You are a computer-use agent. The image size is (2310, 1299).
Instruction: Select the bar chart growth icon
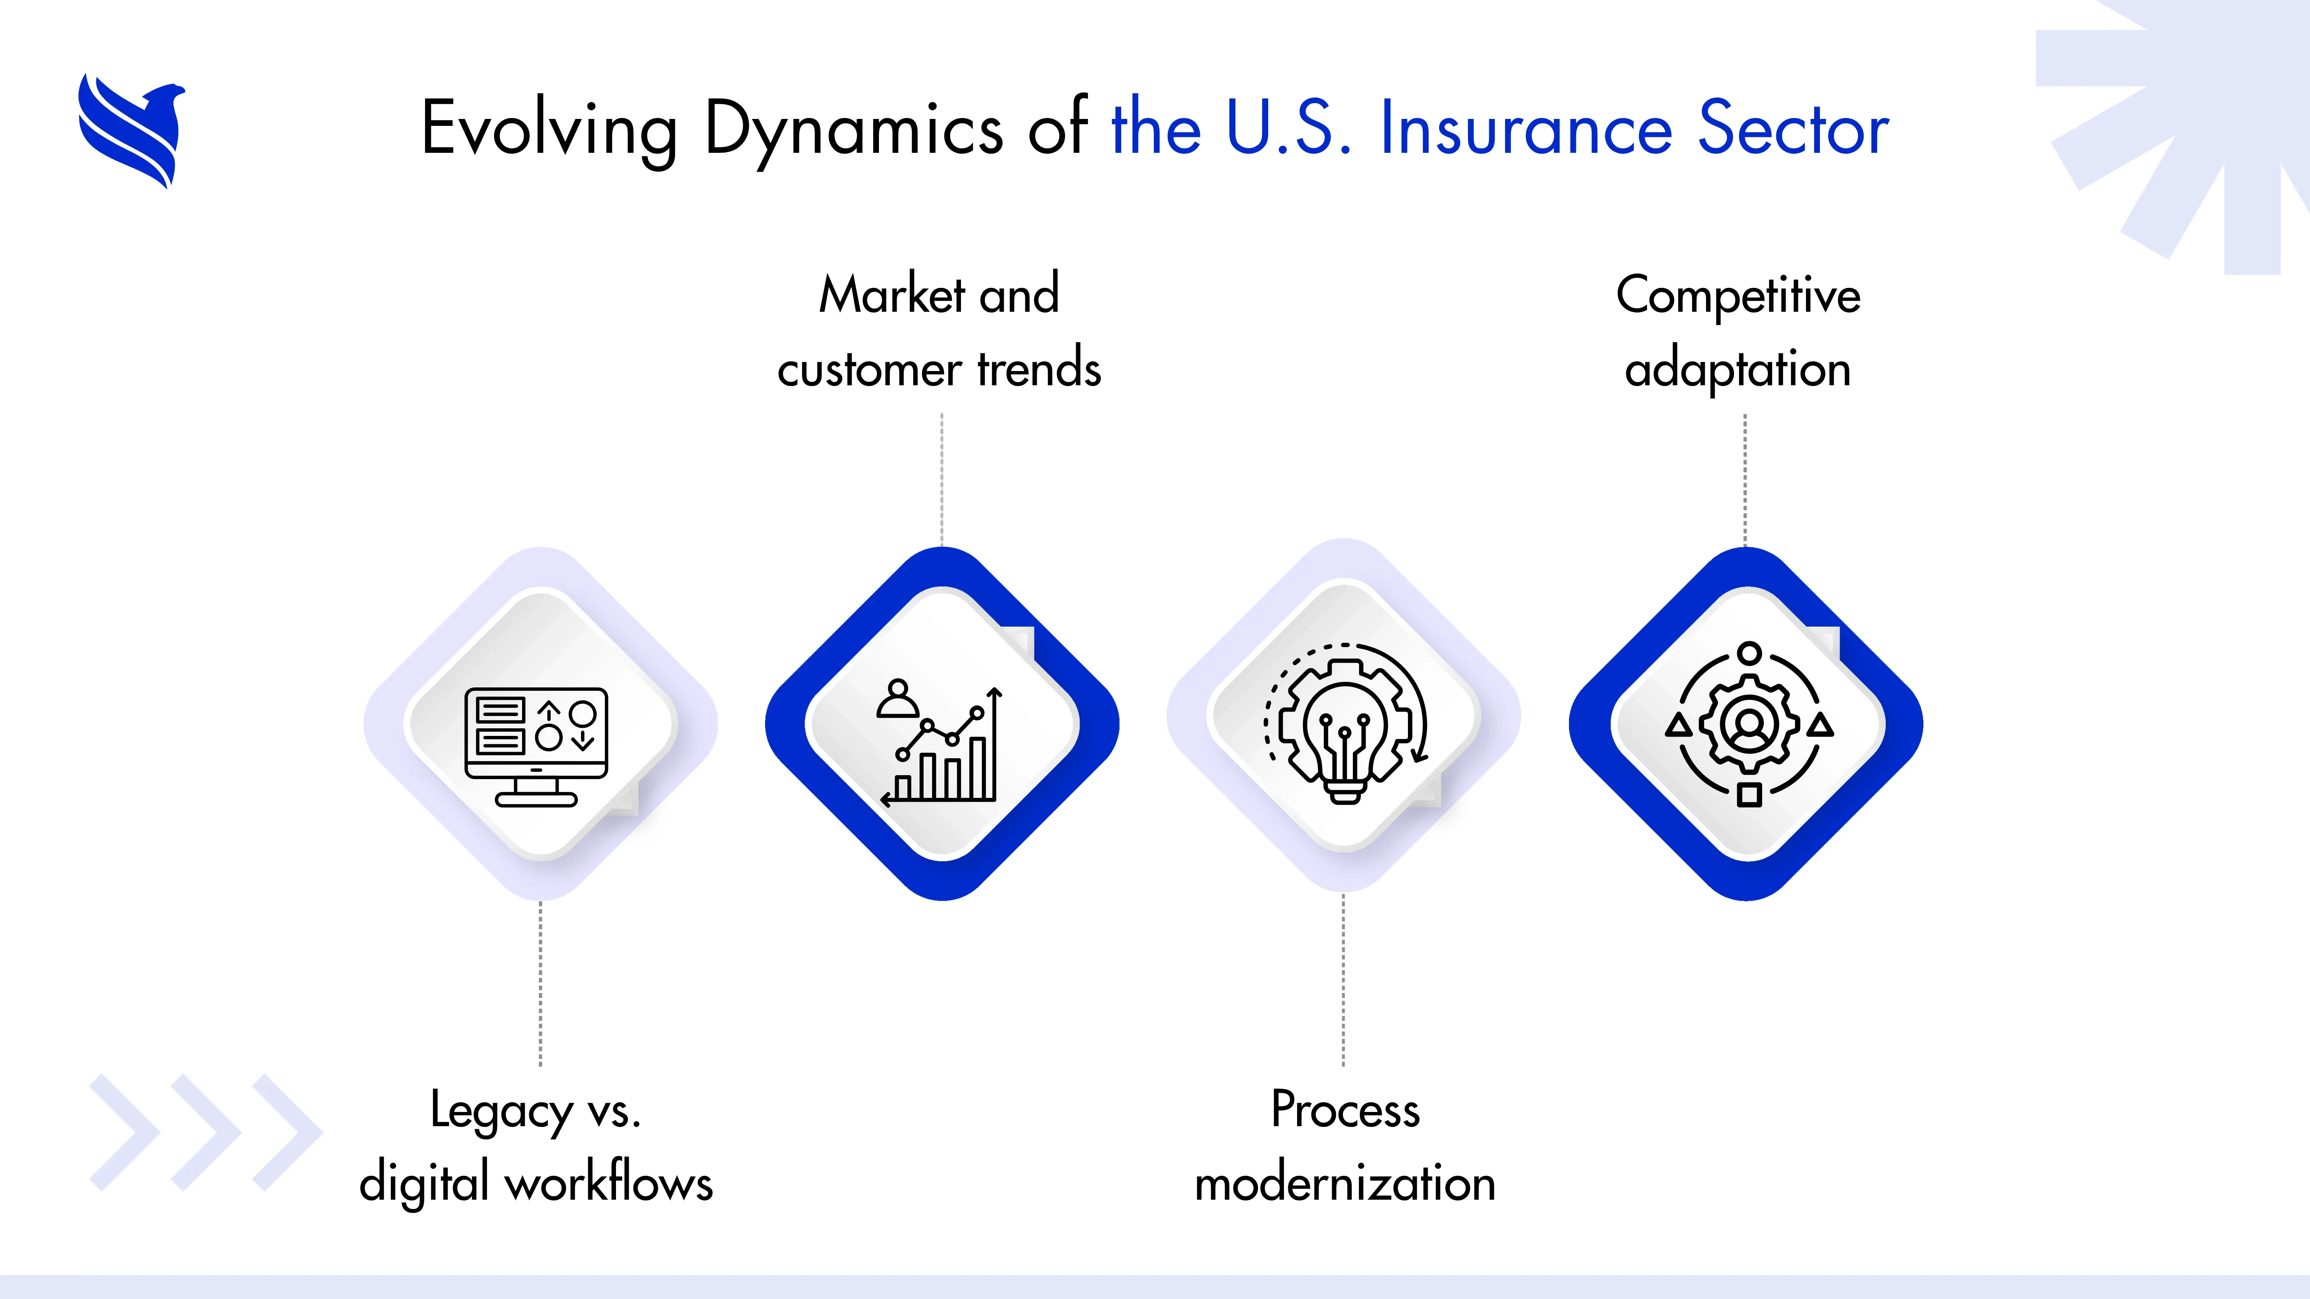coord(940,746)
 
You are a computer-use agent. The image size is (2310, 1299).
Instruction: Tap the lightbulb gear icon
coord(1344,724)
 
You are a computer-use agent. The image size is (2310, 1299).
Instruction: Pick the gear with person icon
coord(1749,724)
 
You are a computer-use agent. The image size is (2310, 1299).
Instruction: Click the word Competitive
coord(1738,295)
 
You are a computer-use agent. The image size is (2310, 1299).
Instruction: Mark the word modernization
coord(1345,1184)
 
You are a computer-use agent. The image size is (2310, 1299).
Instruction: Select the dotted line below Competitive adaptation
coord(1745,480)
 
